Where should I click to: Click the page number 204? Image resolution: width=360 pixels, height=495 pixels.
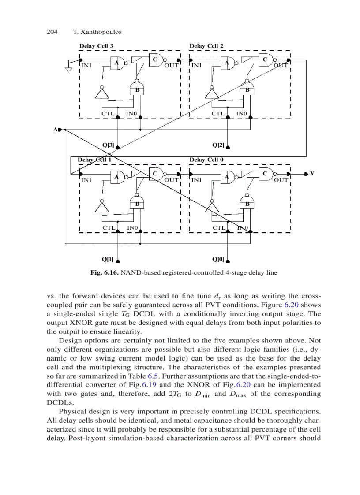pos(52,32)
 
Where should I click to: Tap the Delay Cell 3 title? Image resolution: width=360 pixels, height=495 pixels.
pos(96,46)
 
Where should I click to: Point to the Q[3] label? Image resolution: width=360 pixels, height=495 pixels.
pos(108,145)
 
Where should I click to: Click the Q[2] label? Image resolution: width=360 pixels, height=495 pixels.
pos(218,145)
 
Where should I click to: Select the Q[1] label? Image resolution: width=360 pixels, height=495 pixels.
pos(108,259)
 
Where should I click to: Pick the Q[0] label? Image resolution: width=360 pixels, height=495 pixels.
pos(218,259)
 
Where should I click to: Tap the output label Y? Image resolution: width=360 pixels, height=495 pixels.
pos(312,174)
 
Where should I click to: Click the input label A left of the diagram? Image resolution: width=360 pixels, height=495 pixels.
pos(56,130)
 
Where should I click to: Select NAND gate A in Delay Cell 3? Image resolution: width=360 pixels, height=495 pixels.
pos(118,63)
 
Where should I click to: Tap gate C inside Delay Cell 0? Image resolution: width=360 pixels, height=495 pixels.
pos(265,173)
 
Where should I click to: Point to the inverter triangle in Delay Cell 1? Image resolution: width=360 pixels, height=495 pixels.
pos(101,206)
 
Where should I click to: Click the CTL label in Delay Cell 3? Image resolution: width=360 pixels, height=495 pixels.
pos(108,114)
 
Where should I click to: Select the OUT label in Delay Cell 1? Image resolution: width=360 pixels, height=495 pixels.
pos(171,180)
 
